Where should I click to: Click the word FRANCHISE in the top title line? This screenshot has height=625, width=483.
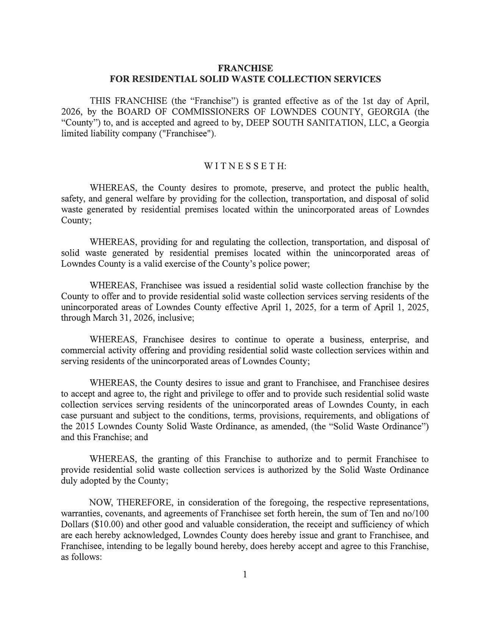point(245,68)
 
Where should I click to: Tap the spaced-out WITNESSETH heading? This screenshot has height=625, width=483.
point(245,166)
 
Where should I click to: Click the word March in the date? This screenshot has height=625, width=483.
point(104,318)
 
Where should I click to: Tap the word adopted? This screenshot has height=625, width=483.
point(94,481)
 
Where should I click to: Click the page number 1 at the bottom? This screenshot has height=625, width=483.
point(245,575)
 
